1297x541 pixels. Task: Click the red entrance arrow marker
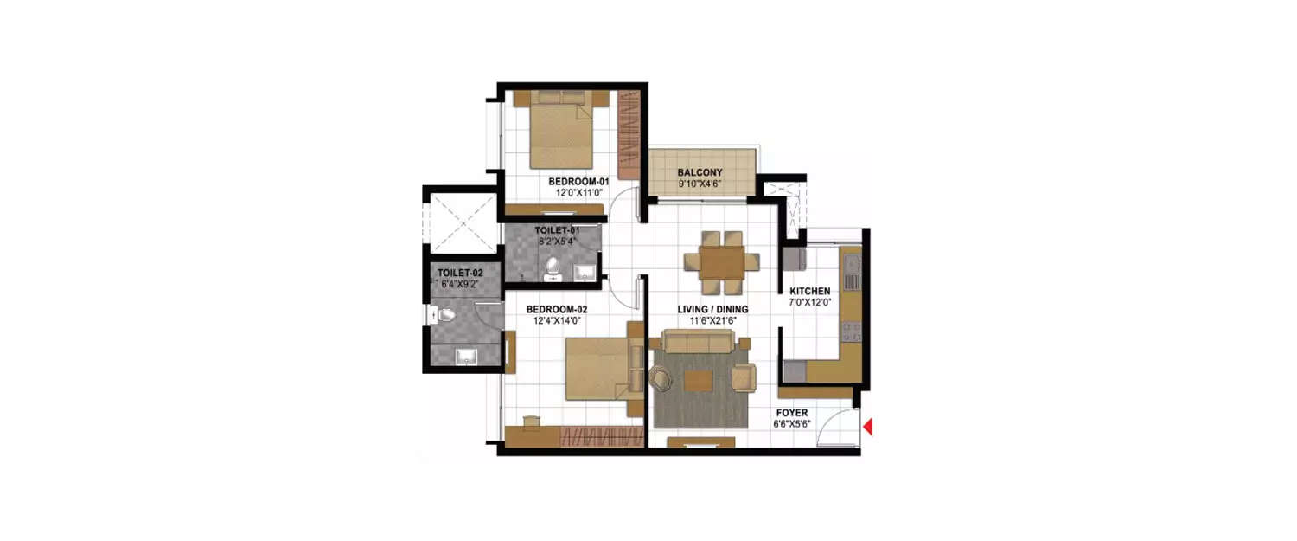click(x=868, y=427)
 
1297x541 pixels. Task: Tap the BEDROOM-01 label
click(x=578, y=182)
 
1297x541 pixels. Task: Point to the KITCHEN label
click(x=809, y=291)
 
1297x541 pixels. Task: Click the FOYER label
click(x=791, y=414)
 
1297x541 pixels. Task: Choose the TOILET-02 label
click(x=459, y=273)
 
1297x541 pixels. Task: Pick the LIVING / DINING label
click(x=712, y=309)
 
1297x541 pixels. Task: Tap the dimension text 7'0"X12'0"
click(x=809, y=303)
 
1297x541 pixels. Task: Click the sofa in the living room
click(x=697, y=344)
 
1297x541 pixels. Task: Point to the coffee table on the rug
click(x=700, y=381)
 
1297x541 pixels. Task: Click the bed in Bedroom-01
click(x=561, y=134)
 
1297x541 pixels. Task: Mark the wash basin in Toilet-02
click(x=465, y=354)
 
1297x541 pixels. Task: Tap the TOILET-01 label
click(x=556, y=230)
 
